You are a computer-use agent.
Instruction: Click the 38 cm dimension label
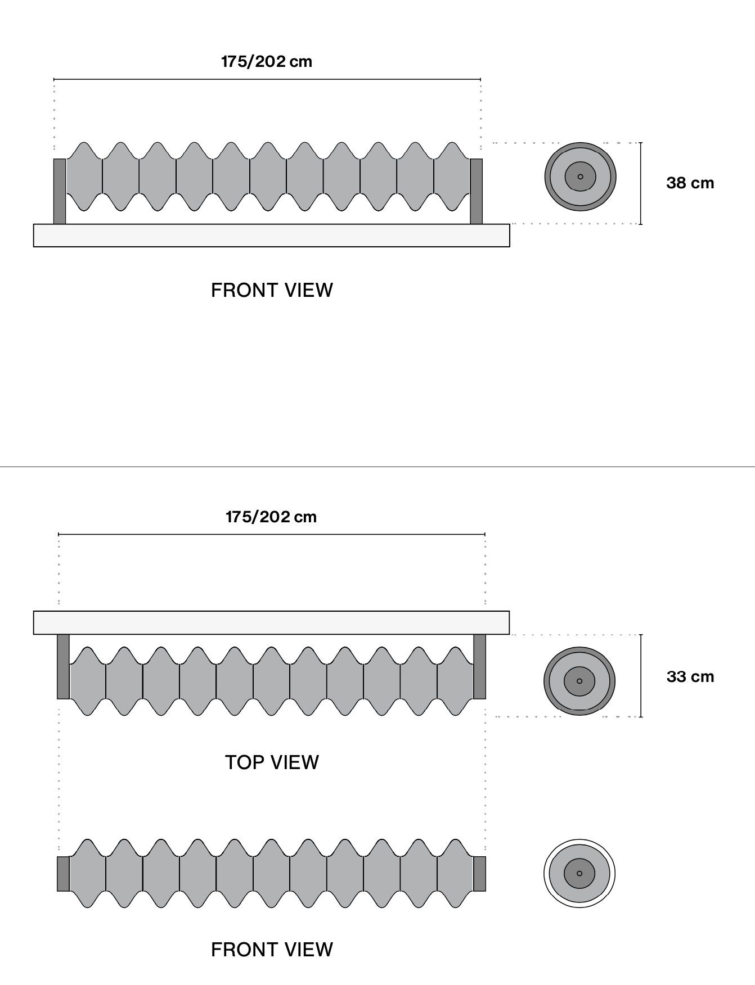690,183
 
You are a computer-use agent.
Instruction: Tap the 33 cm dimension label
690,677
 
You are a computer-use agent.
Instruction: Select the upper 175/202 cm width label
267,61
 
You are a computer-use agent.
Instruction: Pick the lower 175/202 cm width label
271,517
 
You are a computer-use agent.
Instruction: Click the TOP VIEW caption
272,762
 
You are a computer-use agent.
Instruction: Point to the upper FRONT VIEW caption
272,290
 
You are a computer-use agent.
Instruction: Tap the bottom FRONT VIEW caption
272,950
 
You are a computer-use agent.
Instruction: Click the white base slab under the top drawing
272,236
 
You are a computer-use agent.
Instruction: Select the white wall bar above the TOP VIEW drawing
272,622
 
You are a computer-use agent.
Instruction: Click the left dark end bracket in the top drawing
60,191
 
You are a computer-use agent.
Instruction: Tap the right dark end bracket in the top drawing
476,191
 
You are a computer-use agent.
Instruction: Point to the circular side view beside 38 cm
580,177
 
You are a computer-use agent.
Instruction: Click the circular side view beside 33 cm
579,681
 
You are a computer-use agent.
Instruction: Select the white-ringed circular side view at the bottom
579,873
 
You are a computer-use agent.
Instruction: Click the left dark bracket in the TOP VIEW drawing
63,667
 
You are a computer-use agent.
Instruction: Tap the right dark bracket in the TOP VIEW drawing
479,667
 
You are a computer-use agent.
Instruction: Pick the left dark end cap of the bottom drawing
63,874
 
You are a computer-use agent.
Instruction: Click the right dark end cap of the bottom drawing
479,874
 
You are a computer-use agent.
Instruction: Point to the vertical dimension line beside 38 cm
641,183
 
